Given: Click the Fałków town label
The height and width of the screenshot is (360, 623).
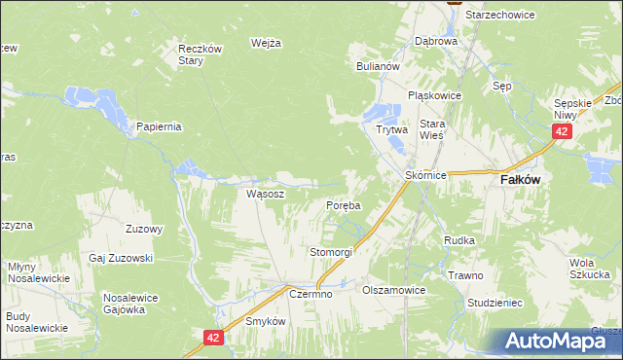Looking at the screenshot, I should (521, 180).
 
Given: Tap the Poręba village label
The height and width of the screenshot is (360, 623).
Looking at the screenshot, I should (343, 206).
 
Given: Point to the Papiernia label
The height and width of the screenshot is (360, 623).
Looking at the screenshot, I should (160, 126).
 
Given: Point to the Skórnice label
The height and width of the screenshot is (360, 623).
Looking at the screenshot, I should (425, 175).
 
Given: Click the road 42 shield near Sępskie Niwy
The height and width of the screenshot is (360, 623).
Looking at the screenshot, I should (561, 131).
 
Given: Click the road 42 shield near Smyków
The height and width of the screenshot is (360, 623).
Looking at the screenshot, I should (214, 337).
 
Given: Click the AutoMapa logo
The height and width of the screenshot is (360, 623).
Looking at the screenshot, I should (554, 341).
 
